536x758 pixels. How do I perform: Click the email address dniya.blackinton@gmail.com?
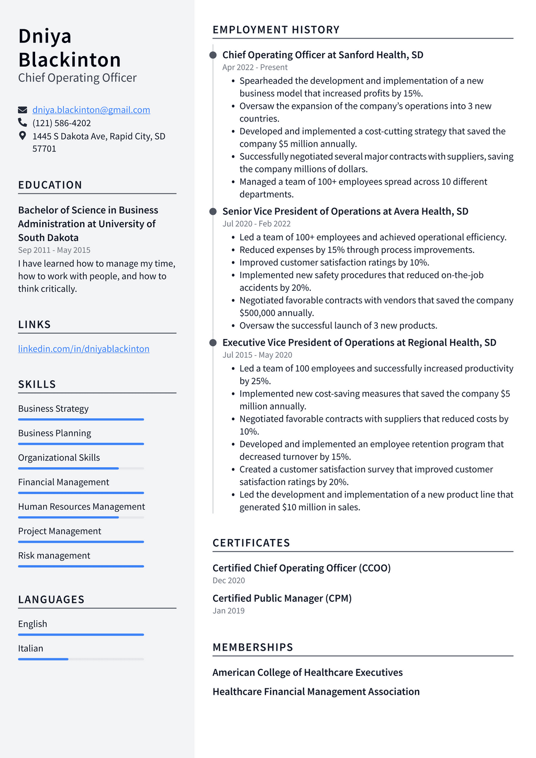[91, 110]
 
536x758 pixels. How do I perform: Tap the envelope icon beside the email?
[23, 110]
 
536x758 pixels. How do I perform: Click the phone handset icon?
[23, 123]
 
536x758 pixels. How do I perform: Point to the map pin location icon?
[23, 136]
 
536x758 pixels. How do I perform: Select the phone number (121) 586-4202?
[62, 123]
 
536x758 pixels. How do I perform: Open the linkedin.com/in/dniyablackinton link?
[84, 349]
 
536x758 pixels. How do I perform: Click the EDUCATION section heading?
[50, 185]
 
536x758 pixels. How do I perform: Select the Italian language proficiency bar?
[81, 659]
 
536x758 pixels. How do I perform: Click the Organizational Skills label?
[59, 457]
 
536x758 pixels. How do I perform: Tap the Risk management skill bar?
[81, 566]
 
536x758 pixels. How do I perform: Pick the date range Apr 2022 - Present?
[255, 67]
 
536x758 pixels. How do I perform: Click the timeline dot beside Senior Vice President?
[213, 212]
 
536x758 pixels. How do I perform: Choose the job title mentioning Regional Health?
[359, 343]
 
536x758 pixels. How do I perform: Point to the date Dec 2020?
[229, 580]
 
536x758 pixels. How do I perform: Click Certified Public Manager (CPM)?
[282, 598]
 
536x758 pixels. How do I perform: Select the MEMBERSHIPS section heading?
[253, 647]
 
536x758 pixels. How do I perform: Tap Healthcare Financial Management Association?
[316, 691]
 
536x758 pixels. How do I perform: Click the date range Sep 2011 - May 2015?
[54, 250]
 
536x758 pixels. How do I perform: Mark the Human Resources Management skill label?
[82, 507]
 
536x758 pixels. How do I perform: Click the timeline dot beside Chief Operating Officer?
[213, 55]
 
